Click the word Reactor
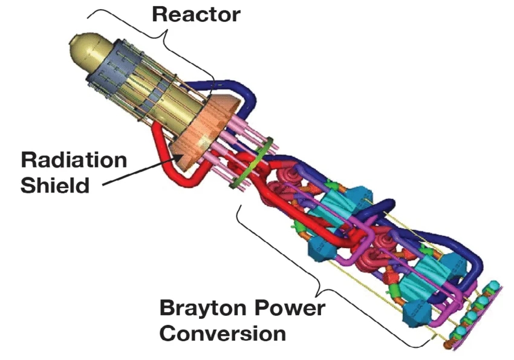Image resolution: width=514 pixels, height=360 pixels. coord(197,15)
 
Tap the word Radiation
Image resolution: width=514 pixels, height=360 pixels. coord(74,160)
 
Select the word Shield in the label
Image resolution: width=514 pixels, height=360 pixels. coord(55,185)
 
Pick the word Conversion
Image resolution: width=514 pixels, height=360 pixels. coord(223,333)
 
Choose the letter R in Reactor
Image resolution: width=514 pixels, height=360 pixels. coord(160,15)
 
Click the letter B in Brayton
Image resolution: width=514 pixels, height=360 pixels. coord(168,308)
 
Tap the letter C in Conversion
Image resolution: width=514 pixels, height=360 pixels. coord(168,333)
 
